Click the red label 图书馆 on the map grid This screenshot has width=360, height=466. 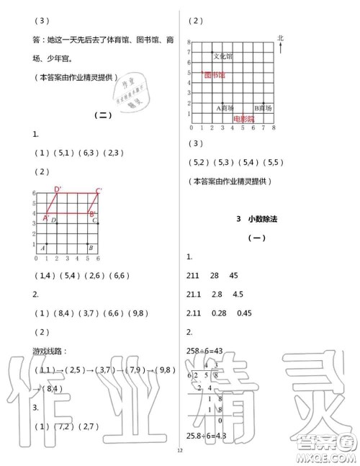(x=215, y=75)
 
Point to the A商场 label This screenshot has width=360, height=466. (x=225, y=107)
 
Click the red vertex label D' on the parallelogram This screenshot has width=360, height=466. (x=58, y=190)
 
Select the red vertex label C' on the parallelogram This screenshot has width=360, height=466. (x=99, y=191)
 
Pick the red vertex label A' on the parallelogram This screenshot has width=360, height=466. (x=47, y=218)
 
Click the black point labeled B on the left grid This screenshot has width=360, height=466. (x=88, y=243)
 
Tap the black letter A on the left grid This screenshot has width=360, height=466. (x=43, y=246)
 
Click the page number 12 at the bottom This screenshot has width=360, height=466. (x=179, y=452)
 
